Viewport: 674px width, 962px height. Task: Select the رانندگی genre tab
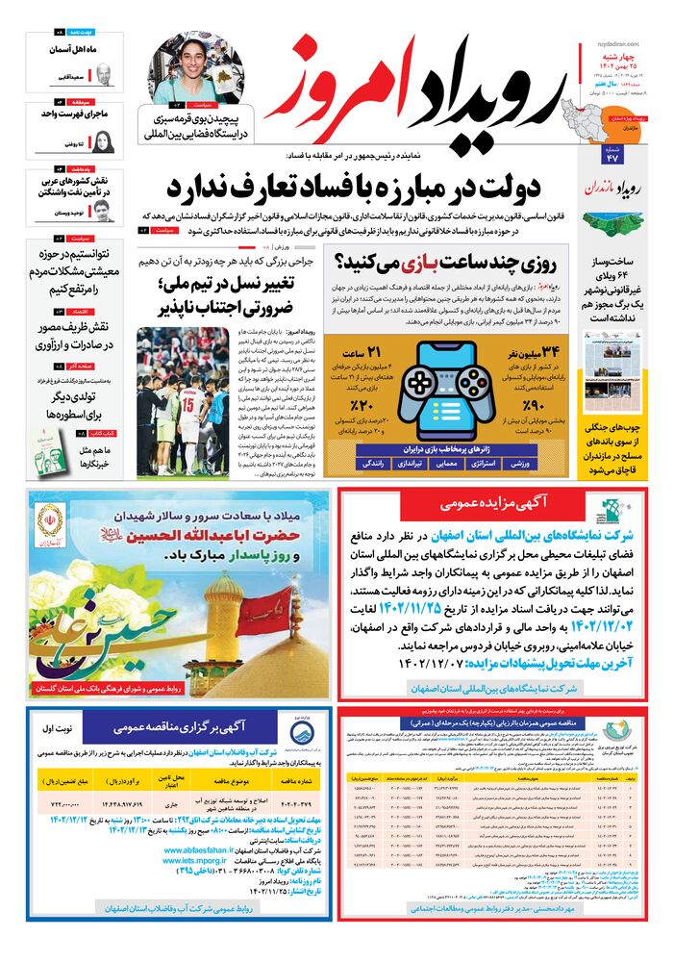[374, 464]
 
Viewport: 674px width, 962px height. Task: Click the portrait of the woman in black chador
[104, 142]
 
